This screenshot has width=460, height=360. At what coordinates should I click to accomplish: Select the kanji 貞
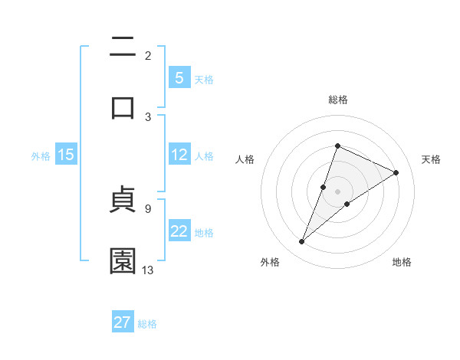pyautogui.click(x=123, y=201)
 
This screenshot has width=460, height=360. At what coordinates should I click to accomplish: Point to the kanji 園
pyautogui.click(x=123, y=261)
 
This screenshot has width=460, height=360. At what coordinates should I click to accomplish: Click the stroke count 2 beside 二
pyautogui.click(x=148, y=56)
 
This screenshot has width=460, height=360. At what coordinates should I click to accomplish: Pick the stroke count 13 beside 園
pyautogui.click(x=148, y=270)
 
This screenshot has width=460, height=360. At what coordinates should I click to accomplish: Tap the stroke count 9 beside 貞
pyautogui.click(x=148, y=208)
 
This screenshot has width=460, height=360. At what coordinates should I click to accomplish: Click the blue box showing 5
pyautogui.click(x=179, y=78)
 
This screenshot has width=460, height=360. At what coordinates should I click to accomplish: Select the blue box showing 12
pyautogui.click(x=179, y=155)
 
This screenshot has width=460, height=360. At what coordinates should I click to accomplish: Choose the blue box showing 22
pyautogui.click(x=179, y=231)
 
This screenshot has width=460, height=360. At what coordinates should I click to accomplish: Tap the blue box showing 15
pyautogui.click(x=66, y=155)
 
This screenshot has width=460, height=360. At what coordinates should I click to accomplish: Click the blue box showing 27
pyautogui.click(x=123, y=322)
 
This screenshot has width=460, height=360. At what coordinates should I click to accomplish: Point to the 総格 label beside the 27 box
pyautogui.click(x=147, y=324)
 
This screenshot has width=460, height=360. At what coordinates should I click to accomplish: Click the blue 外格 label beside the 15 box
pyautogui.click(x=41, y=156)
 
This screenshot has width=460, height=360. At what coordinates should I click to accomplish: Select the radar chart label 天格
pyautogui.click(x=432, y=159)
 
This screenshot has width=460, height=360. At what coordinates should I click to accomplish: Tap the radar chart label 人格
pyautogui.click(x=245, y=159)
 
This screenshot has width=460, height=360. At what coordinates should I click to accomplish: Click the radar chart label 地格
pyautogui.click(x=402, y=262)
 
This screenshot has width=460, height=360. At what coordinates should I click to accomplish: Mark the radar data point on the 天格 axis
pyautogui.click(x=396, y=172)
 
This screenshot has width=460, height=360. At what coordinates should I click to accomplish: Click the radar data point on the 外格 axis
pyautogui.click(x=302, y=242)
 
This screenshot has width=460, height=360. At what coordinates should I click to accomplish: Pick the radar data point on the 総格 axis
pyautogui.click(x=337, y=146)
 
